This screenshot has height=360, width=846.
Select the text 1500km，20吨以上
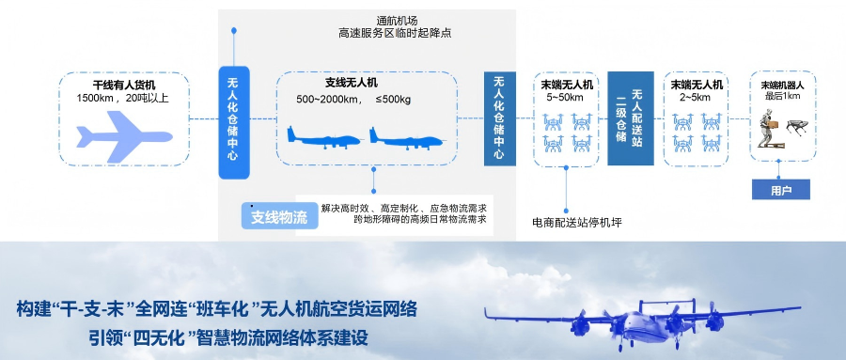(123, 99)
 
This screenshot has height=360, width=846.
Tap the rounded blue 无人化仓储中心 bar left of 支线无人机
(235, 121)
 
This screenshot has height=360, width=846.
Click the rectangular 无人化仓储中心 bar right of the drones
(499, 118)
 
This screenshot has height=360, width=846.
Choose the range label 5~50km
(566, 97)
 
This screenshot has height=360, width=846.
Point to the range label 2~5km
(696, 97)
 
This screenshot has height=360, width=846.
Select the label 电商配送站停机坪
(577, 223)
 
